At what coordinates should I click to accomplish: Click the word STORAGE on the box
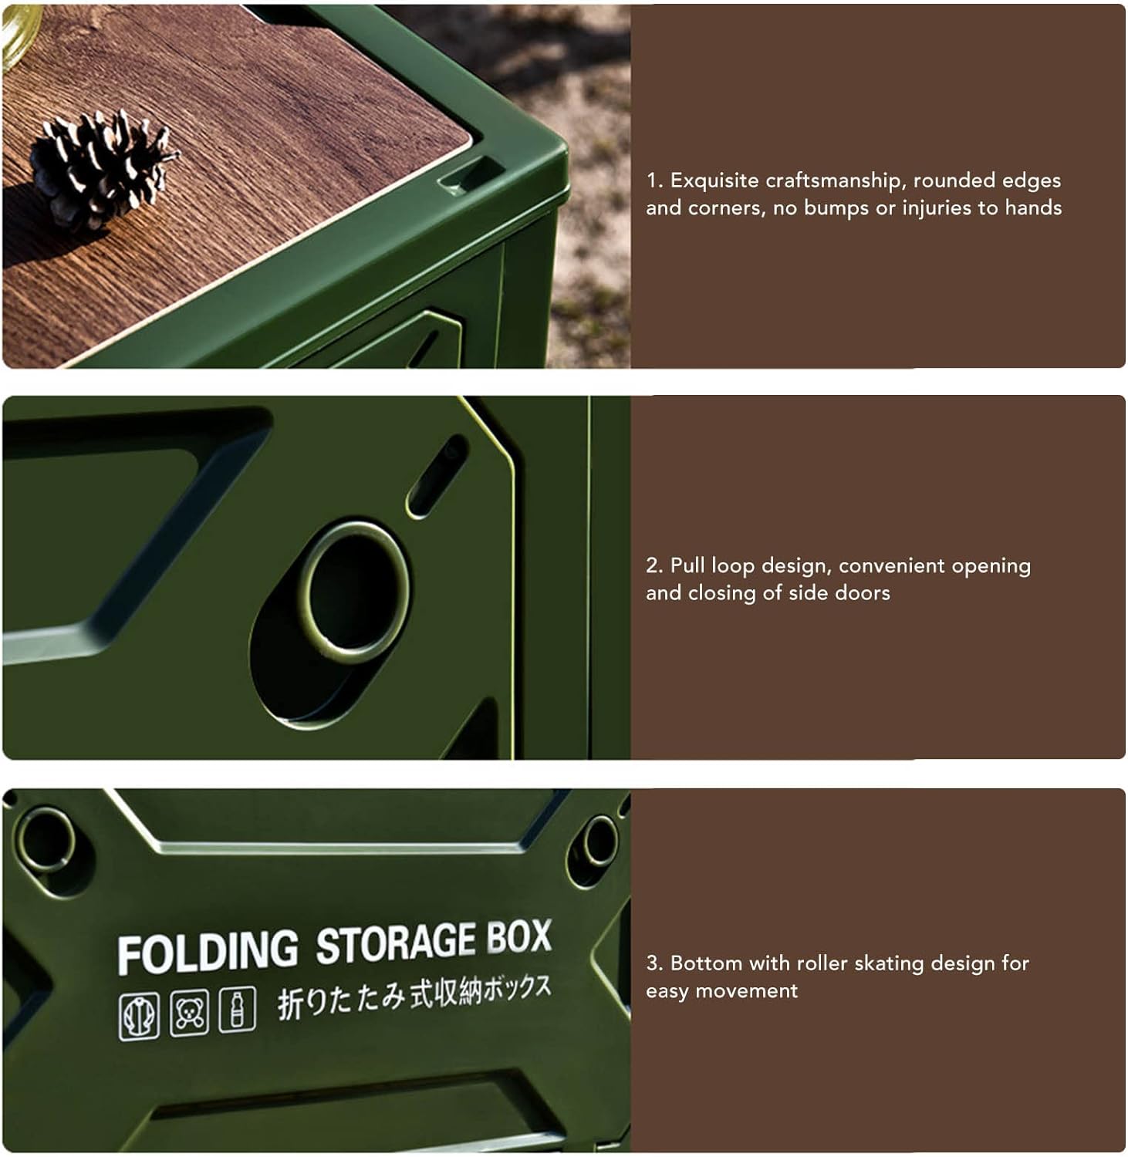pyautogui.click(x=396, y=942)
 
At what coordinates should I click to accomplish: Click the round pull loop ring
pyautogui.click(x=354, y=592)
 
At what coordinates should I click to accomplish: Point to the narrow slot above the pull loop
pyautogui.click(x=437, y=475)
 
